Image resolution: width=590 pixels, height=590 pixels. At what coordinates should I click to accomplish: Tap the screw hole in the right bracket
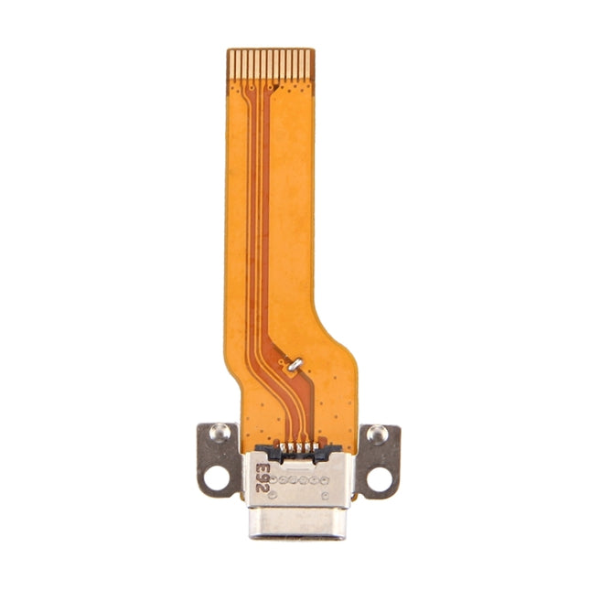[377, 477]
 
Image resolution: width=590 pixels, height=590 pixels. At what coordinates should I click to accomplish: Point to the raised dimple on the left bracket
[218, 433]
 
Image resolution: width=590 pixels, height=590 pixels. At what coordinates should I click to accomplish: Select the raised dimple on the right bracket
[376, 434]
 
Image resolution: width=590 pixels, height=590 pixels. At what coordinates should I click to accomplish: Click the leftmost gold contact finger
[231, 63]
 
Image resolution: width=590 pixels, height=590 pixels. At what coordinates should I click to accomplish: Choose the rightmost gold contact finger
[310, 63]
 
